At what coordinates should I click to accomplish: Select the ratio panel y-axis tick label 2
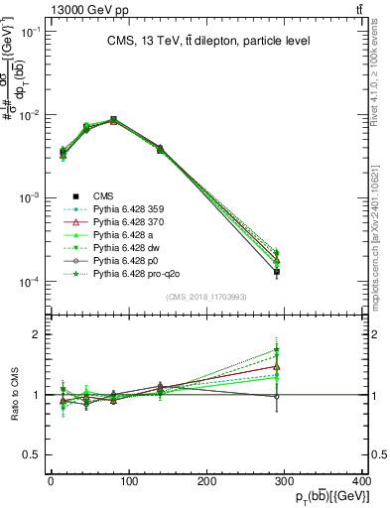(x=38, y=334)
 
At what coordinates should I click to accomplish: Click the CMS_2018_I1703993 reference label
(x=205, y=297)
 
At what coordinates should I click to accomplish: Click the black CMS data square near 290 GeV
(x=277, y=271)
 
